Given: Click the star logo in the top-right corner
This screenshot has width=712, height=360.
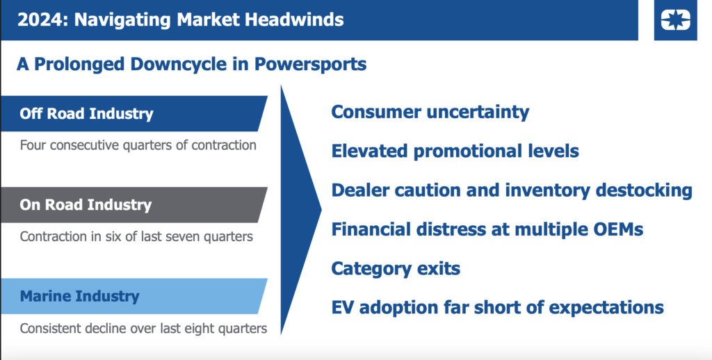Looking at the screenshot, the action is [x=675, y=20].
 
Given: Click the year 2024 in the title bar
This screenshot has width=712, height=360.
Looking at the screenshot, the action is [x=40, y=19].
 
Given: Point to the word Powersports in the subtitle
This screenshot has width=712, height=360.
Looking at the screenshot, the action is [x=310, y=64].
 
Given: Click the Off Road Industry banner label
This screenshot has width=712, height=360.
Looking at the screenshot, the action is [x=86, y=113].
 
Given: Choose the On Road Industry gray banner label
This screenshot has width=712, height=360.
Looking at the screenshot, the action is [x=86, y=205].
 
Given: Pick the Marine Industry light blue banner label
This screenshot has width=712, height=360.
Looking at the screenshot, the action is [x=79, y=296].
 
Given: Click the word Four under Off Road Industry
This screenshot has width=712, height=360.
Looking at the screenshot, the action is [x=33, y=145].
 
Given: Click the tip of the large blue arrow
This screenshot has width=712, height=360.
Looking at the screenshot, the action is [x=321, y=209].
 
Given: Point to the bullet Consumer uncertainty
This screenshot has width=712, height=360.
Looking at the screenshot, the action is [x=430, y=112].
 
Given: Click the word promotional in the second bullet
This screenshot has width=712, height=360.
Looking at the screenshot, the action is [x=468, y=152].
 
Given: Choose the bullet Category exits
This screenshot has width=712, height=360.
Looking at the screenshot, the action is [x=396, y=268].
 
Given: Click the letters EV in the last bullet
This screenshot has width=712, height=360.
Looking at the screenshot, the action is [x=342, y=307].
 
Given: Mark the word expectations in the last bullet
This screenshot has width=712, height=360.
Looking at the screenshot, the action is [x=606, y=308].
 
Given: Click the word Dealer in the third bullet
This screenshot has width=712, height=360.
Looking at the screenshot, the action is [x=359, y=190].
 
